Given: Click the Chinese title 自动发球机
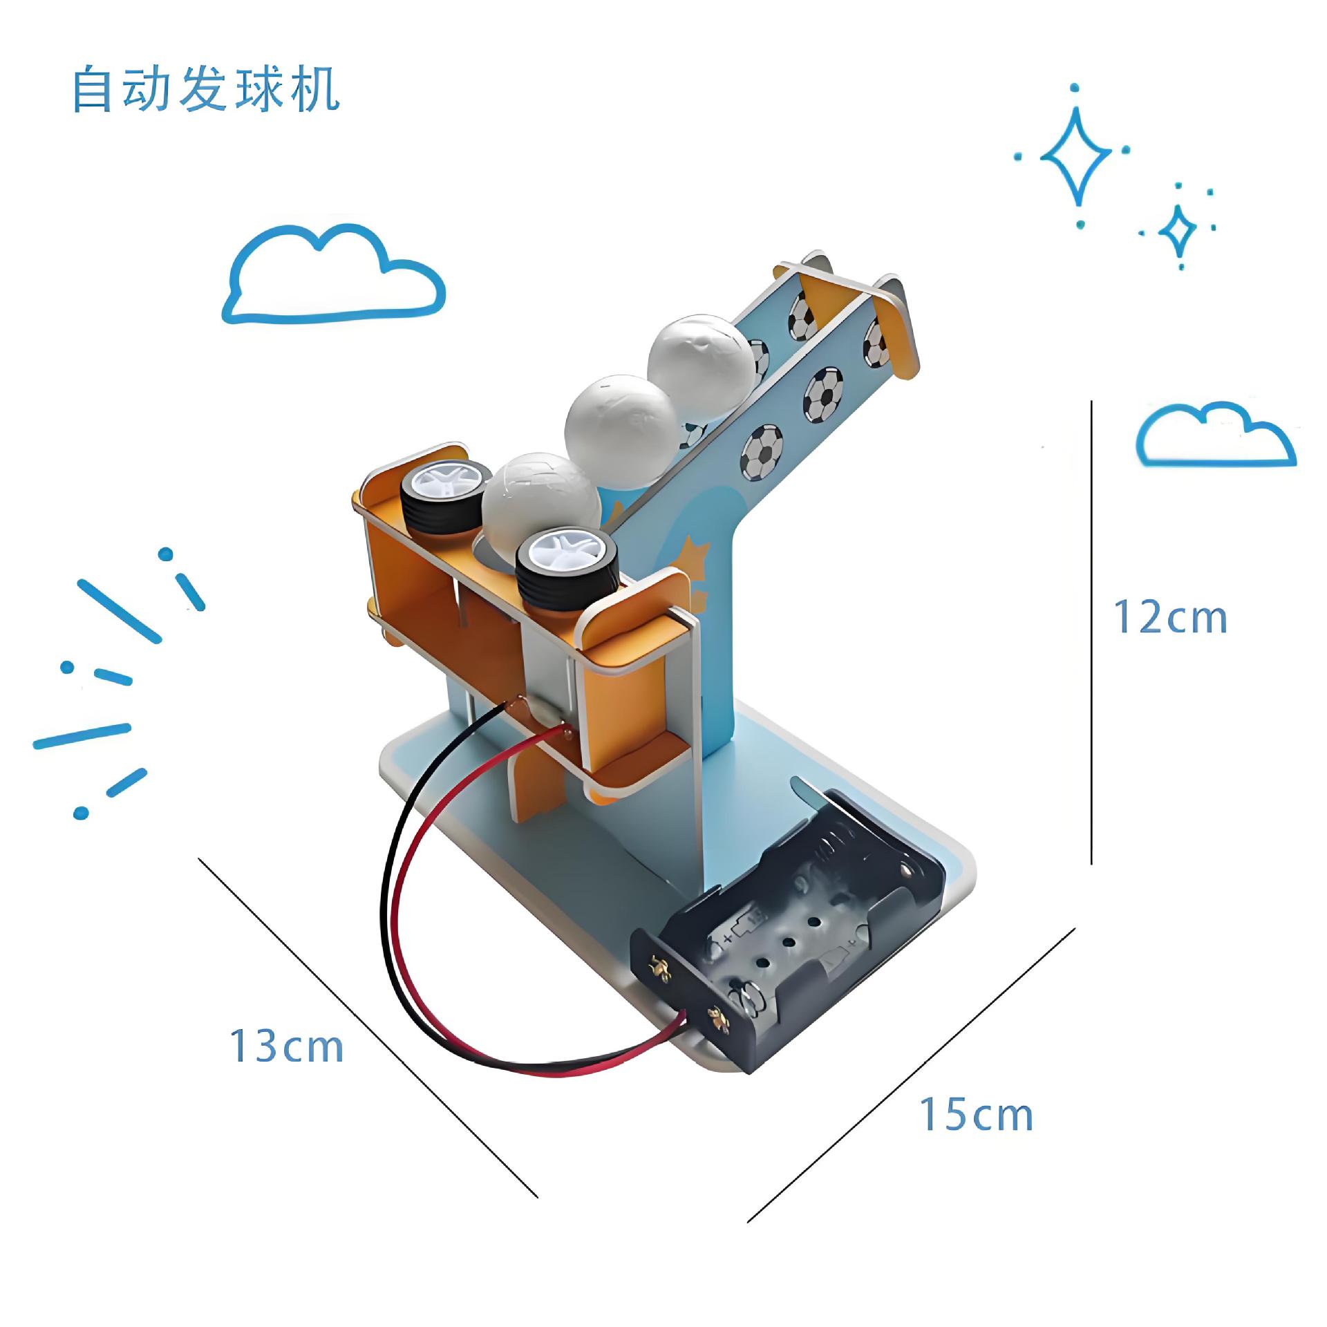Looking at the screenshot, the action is [x=206, y=90].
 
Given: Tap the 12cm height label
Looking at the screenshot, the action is [x=1170, y=617].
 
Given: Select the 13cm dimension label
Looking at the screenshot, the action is [x=286, y=1046].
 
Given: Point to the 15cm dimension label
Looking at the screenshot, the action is [x=975, y=1115].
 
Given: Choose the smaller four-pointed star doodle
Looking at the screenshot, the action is [x=1177, y=229].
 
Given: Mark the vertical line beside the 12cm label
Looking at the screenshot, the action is [x=1091, y=632].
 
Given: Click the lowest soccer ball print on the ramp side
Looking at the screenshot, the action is [x=764, y=452].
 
